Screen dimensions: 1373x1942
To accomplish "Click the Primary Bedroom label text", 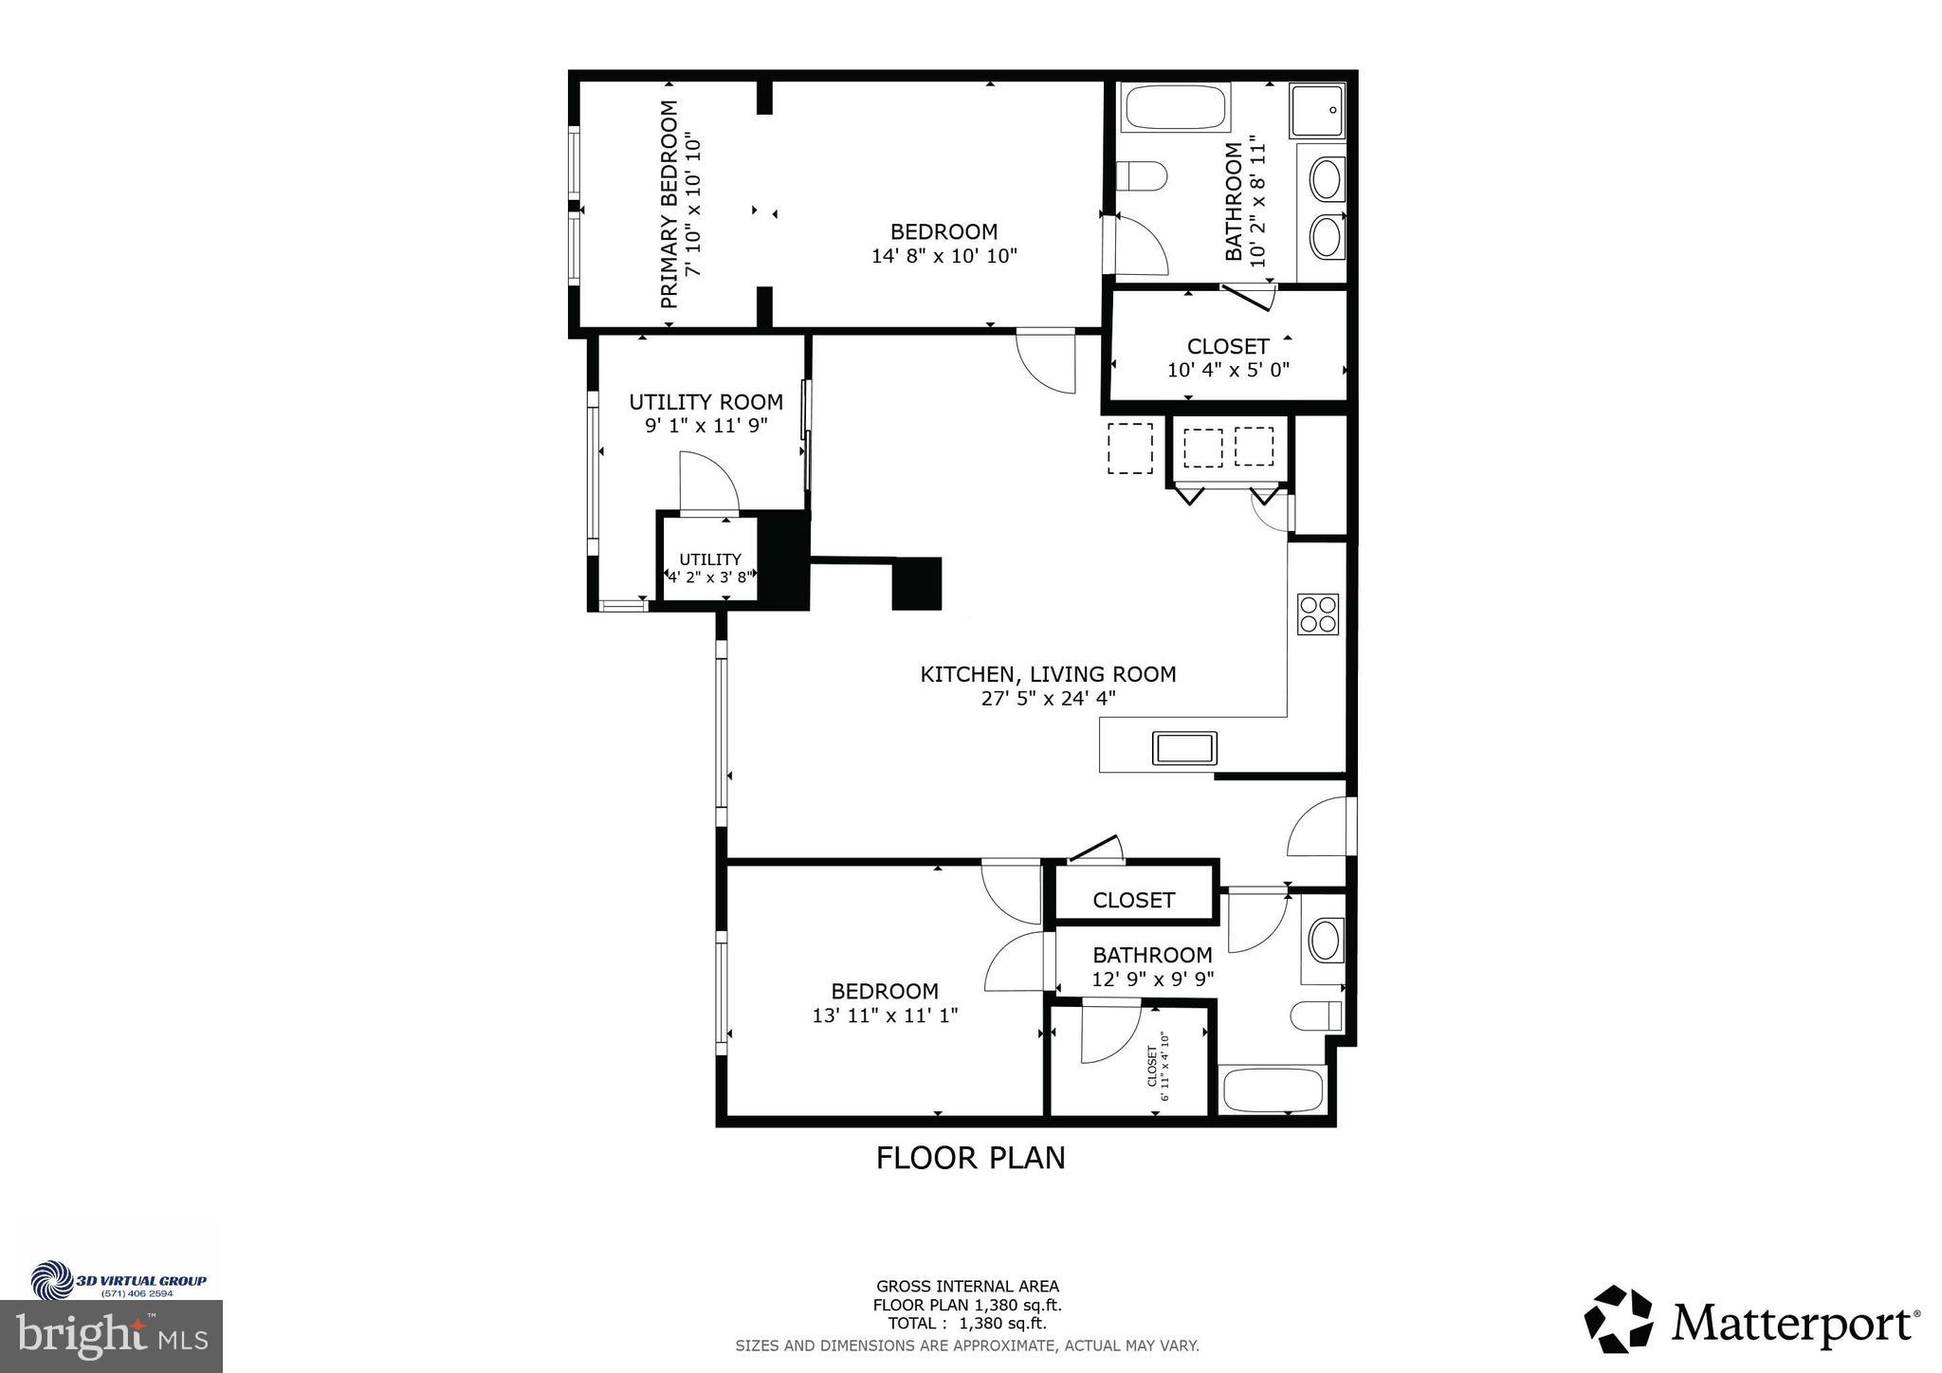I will [669, 204].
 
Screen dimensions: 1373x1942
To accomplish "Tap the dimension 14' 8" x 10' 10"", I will [944, 256].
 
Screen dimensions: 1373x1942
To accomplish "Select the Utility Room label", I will [705, 402].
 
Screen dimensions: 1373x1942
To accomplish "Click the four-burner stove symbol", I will [1317, 613].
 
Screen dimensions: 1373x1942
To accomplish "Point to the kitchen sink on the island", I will [1184, 748].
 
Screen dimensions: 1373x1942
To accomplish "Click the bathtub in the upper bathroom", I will [1176, 107].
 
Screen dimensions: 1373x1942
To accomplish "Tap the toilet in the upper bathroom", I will [1141, 176].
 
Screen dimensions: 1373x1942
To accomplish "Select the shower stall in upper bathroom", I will [1317, 110].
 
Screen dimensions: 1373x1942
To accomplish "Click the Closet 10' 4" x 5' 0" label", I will [1227, 357].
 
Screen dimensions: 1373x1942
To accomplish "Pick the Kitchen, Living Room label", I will [1048, 674].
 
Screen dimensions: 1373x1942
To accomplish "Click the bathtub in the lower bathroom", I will [1272, 1091].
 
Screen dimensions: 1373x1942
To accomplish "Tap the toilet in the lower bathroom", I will [1316, 1016].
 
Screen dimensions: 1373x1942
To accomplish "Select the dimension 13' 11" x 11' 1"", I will [885, 1016].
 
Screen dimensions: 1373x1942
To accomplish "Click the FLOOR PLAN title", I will [970, 1158].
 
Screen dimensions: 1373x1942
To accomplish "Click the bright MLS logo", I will [112, 1337].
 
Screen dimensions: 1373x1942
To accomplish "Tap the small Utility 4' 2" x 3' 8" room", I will [710, 567].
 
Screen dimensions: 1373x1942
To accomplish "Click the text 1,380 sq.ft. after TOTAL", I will [1003, 1323].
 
